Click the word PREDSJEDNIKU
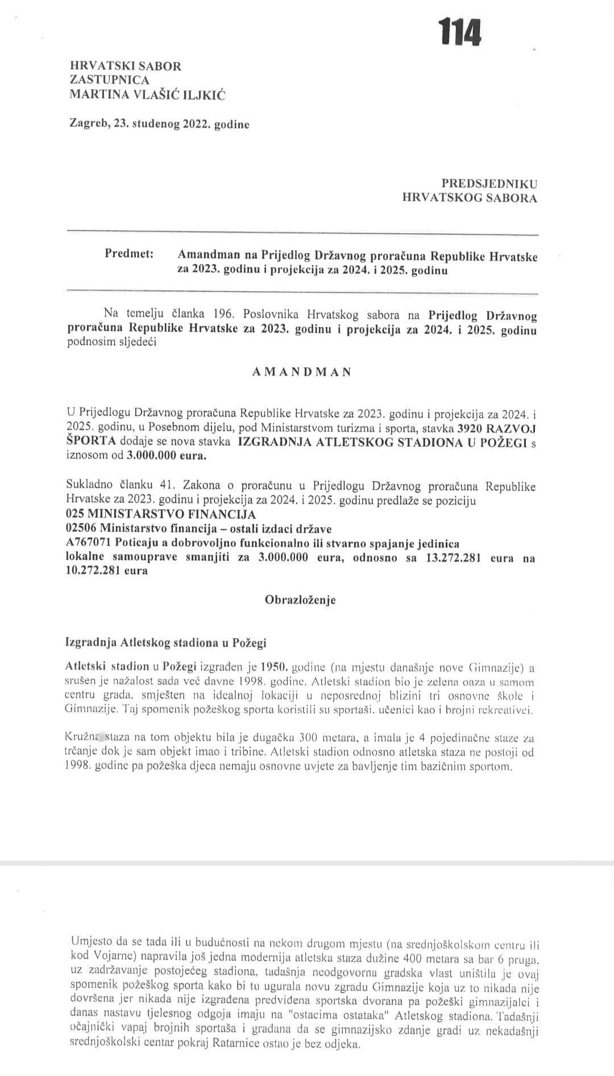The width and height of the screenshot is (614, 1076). [489, 184]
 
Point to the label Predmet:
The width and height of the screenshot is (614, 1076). [129, 254]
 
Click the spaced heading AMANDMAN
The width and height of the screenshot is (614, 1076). [301, 372]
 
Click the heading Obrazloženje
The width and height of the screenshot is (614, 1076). [300, 600]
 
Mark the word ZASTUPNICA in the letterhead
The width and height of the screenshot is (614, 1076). [109, 80]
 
